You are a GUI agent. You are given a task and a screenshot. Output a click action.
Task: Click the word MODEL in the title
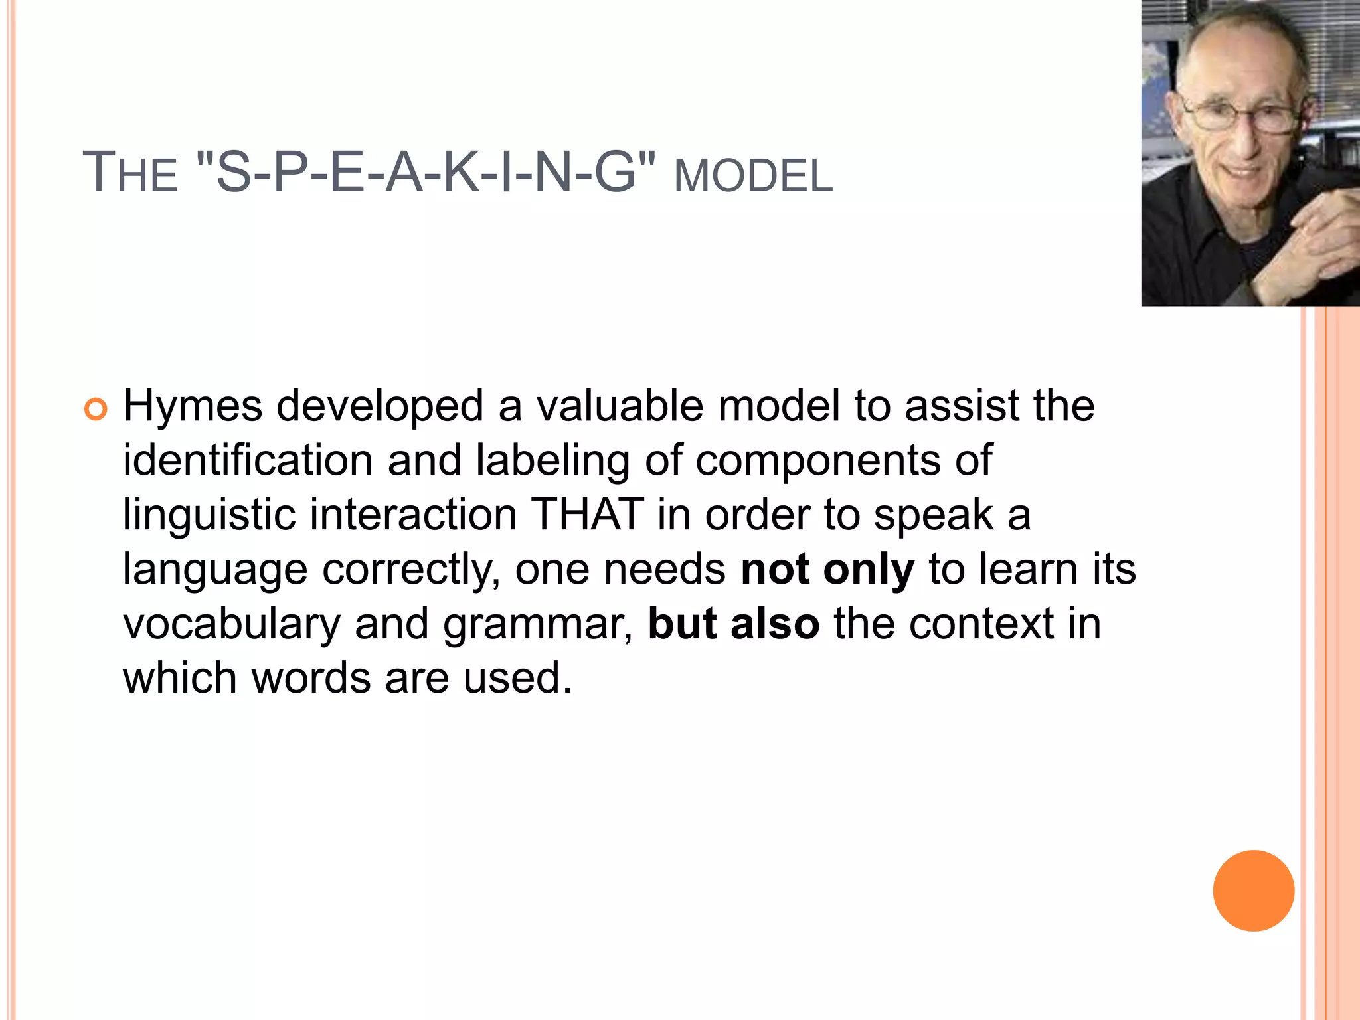click(x=753, y=177)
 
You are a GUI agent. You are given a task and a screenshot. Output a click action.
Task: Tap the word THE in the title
click(x=130, y=173)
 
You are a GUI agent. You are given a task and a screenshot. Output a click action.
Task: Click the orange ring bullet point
click(x=96, y=410)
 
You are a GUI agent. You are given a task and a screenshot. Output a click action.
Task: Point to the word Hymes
click(x=193, y=407)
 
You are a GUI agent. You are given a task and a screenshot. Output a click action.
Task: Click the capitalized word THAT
click(x=588, y=515)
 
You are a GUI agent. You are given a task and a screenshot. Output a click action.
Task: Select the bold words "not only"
click(x=827, y=570)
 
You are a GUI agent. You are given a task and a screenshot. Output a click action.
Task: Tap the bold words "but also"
click(x=733, y=624)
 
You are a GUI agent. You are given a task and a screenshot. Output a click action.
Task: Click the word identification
click(x=248, y=460)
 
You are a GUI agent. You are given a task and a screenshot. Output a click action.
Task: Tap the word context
click(x=981, y=624)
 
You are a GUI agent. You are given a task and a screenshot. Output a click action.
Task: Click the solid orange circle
click(x=1253, y=891)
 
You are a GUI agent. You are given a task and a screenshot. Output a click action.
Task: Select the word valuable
click(x=620, y=406)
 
